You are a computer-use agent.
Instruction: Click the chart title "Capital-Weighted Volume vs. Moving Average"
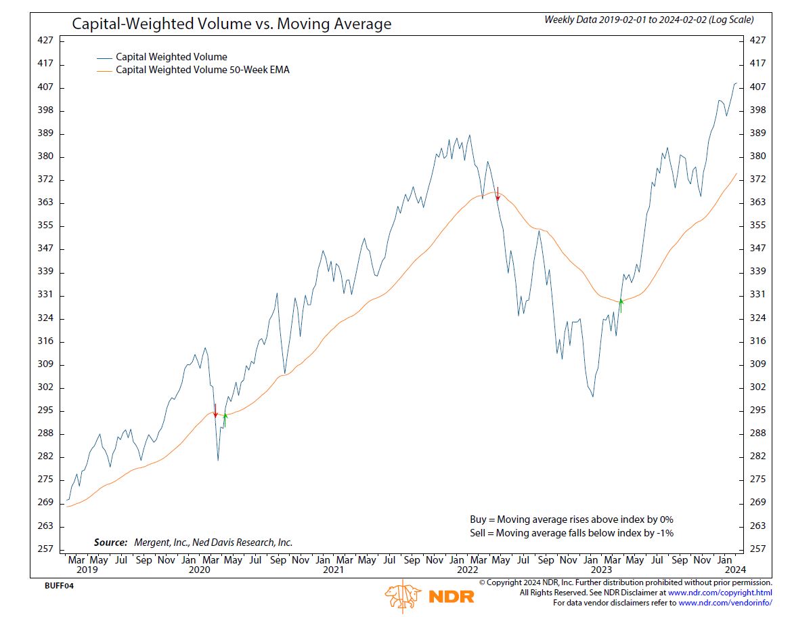[x=232, y=24]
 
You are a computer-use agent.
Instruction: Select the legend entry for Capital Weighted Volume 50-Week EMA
[x=202, y=70]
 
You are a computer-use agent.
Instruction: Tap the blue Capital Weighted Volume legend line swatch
[x=104, y=58]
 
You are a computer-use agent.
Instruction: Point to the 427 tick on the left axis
[x=45, y=41]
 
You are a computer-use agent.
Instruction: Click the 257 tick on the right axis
[x=758, y=549]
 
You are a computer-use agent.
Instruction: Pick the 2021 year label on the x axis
[x=333, y=570]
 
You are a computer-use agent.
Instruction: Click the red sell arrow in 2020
[x=215, y=410]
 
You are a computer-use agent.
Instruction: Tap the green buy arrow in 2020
[x=225, y=419]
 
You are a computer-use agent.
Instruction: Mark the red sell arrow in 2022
[x=498, y=194]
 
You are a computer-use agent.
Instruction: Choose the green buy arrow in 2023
[x=620, y=305]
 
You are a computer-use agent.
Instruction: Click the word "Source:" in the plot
[x=110, y=542]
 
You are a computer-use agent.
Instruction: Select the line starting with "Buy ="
[x=571, y=519]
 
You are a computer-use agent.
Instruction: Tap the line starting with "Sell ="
[x=571, y=533]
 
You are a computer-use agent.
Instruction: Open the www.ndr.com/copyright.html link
[x=720, y=593]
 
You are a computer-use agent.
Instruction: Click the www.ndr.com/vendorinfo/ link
[x=725, y=603]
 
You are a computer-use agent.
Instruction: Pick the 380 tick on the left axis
[x=45, y=156]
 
